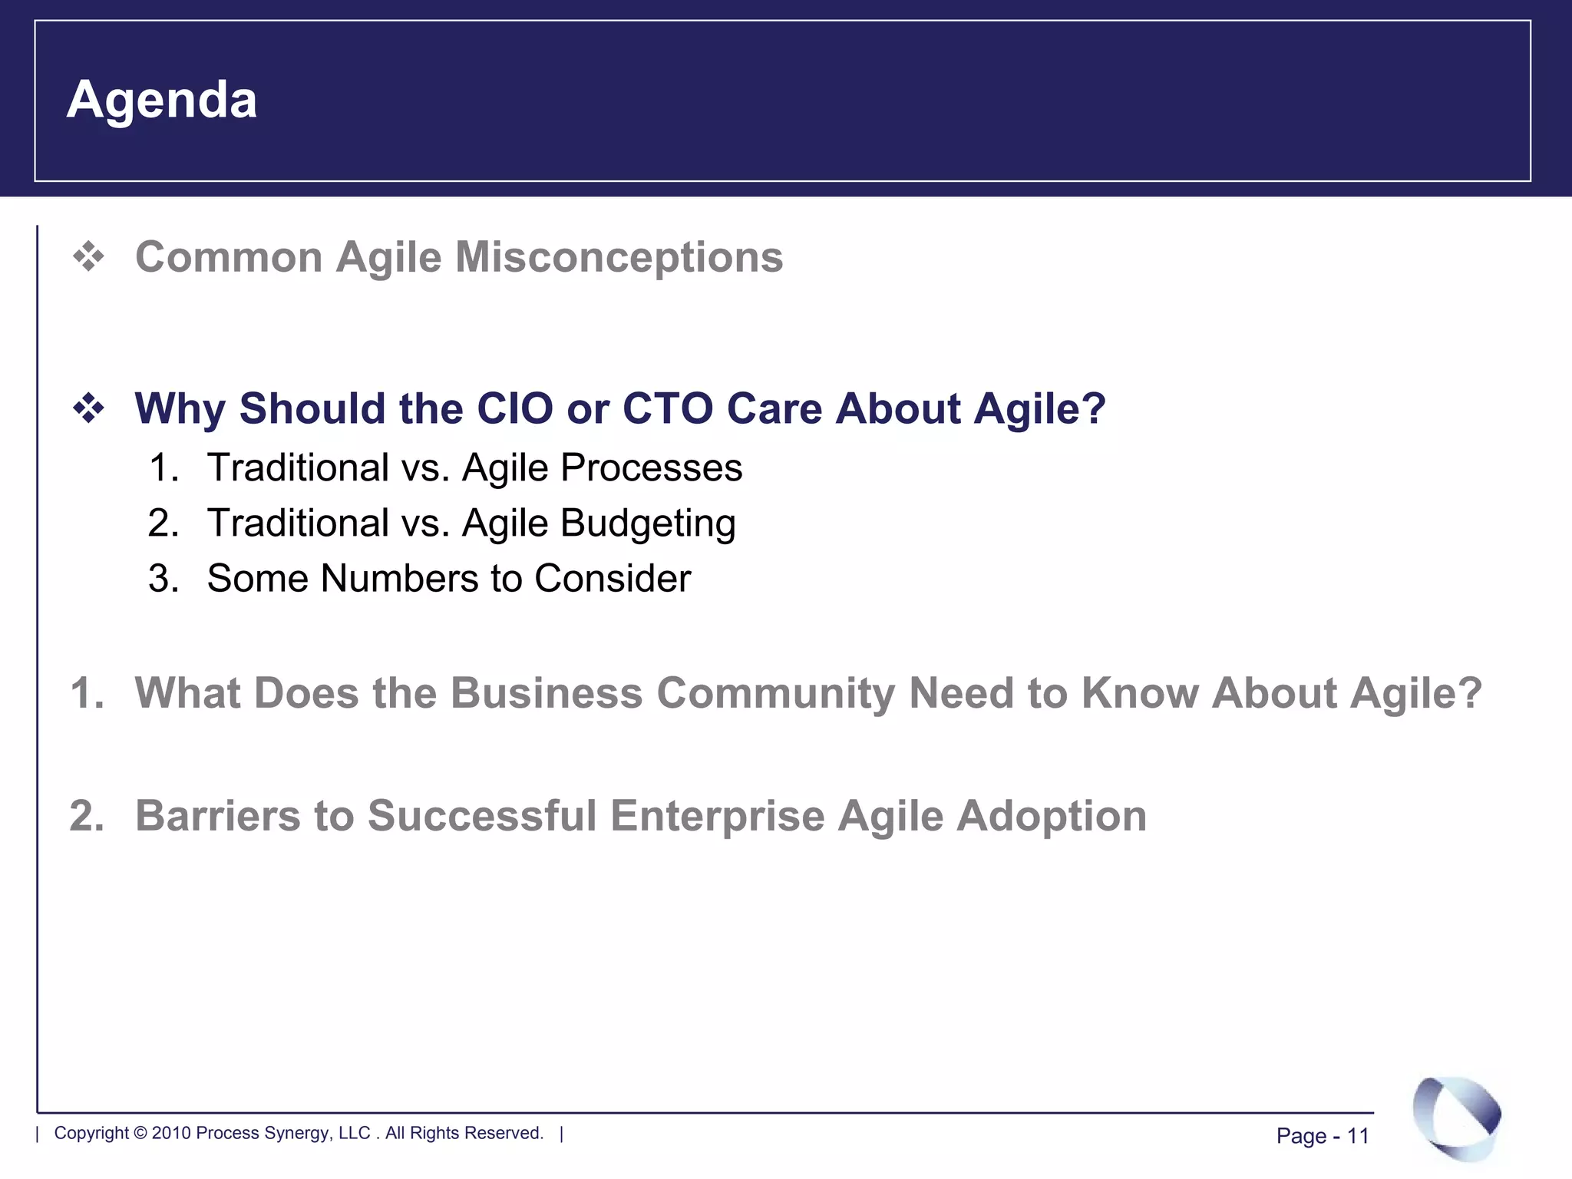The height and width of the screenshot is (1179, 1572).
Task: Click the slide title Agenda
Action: pos(161,101)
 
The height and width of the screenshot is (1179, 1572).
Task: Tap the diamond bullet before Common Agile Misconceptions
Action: pos(88,256)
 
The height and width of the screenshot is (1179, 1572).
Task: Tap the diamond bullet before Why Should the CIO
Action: pos(88,408)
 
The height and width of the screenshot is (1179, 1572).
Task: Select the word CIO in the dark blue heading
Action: pos(514,408)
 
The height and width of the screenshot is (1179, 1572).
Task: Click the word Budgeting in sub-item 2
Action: pos(648,524)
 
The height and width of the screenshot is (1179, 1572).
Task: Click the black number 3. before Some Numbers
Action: pos(163,578)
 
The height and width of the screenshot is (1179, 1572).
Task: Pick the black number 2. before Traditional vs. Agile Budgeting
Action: pos(163,523)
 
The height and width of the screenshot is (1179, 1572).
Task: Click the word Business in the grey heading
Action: pos(546,692)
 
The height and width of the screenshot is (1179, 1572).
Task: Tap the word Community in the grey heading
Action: pos(775,692)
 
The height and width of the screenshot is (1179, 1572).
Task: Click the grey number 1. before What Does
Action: pos(86,692)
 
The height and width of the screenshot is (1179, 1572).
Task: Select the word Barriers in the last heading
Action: pos(217,815)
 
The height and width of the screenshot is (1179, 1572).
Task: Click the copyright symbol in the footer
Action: pos(140,1133)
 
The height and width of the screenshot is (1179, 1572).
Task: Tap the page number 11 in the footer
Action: pos(1358,1136)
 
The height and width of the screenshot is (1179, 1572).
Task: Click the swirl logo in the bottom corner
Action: pos(1456,1117)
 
